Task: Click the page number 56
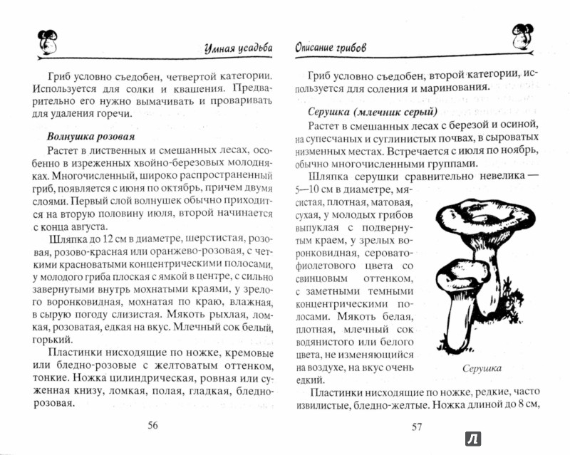152,426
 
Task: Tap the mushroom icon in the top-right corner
523,38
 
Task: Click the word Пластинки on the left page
73,352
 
